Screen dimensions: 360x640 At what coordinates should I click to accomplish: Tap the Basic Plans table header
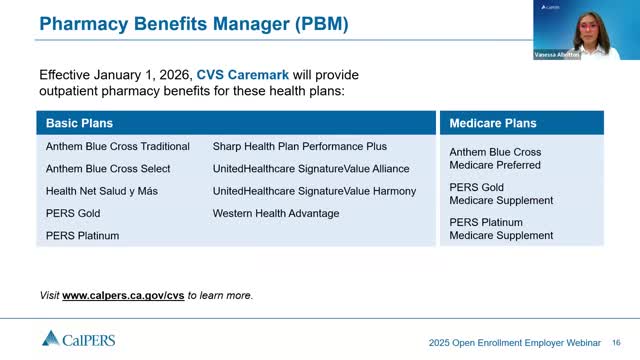79,123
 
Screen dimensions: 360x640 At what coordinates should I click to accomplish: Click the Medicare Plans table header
493,123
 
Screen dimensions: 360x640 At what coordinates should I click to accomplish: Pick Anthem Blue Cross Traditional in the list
117,146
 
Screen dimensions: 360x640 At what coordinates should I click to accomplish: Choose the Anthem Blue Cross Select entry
108,169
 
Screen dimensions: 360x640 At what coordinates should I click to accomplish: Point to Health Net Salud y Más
103,191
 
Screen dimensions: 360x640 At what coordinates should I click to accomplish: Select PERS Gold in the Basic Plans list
73,213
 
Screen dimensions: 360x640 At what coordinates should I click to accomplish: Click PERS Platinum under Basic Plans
82,236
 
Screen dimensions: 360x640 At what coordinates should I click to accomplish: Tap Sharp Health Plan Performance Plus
299,146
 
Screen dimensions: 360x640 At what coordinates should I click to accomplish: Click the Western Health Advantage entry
276,213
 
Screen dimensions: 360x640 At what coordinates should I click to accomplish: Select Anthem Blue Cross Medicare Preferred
494,158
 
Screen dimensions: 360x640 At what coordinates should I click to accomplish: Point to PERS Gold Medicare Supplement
501,194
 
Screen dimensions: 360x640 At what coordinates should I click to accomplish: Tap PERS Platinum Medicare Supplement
501,229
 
